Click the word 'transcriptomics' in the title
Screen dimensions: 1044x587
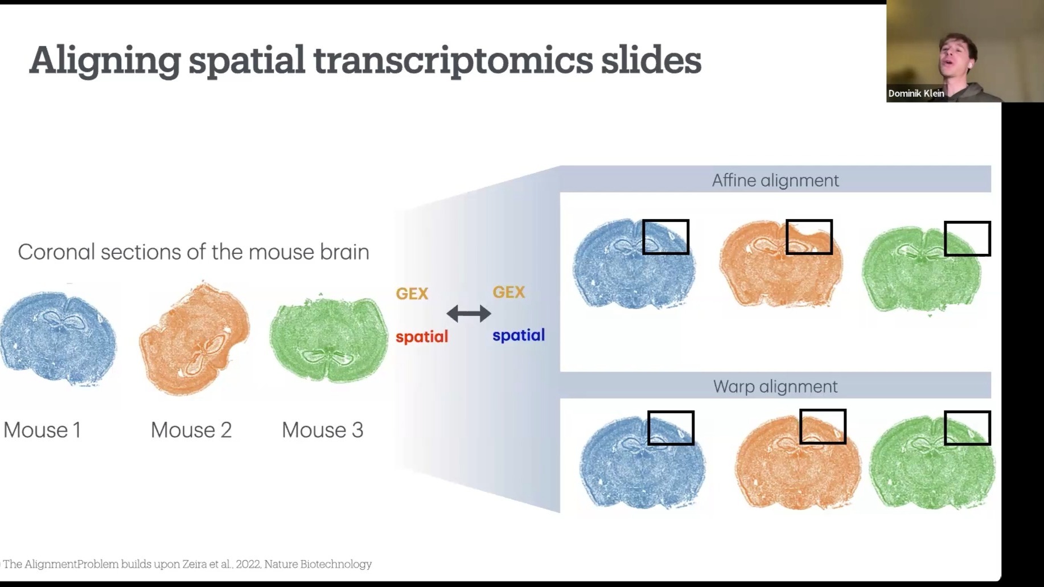point(453,61)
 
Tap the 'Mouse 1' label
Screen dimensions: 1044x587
point(42,430)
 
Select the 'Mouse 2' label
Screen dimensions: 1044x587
point(191,430)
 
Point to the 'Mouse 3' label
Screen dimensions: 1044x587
point(323,430)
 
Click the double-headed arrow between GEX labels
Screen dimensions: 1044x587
point(468,313)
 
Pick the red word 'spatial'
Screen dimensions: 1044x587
point(422,336)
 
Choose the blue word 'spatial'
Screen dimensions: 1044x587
point(519,335)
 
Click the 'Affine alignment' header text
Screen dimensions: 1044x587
point(775,180)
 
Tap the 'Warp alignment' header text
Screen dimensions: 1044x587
point(775,387)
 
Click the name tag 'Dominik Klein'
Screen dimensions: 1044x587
point(916,93)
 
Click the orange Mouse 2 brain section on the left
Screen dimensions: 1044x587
point(195,338)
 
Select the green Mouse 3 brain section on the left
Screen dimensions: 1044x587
point(328,339)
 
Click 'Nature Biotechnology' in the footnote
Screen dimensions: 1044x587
point(318,564)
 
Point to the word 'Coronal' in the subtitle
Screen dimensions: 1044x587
point(56,252)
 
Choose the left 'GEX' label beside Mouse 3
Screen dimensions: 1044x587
point(412,294)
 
